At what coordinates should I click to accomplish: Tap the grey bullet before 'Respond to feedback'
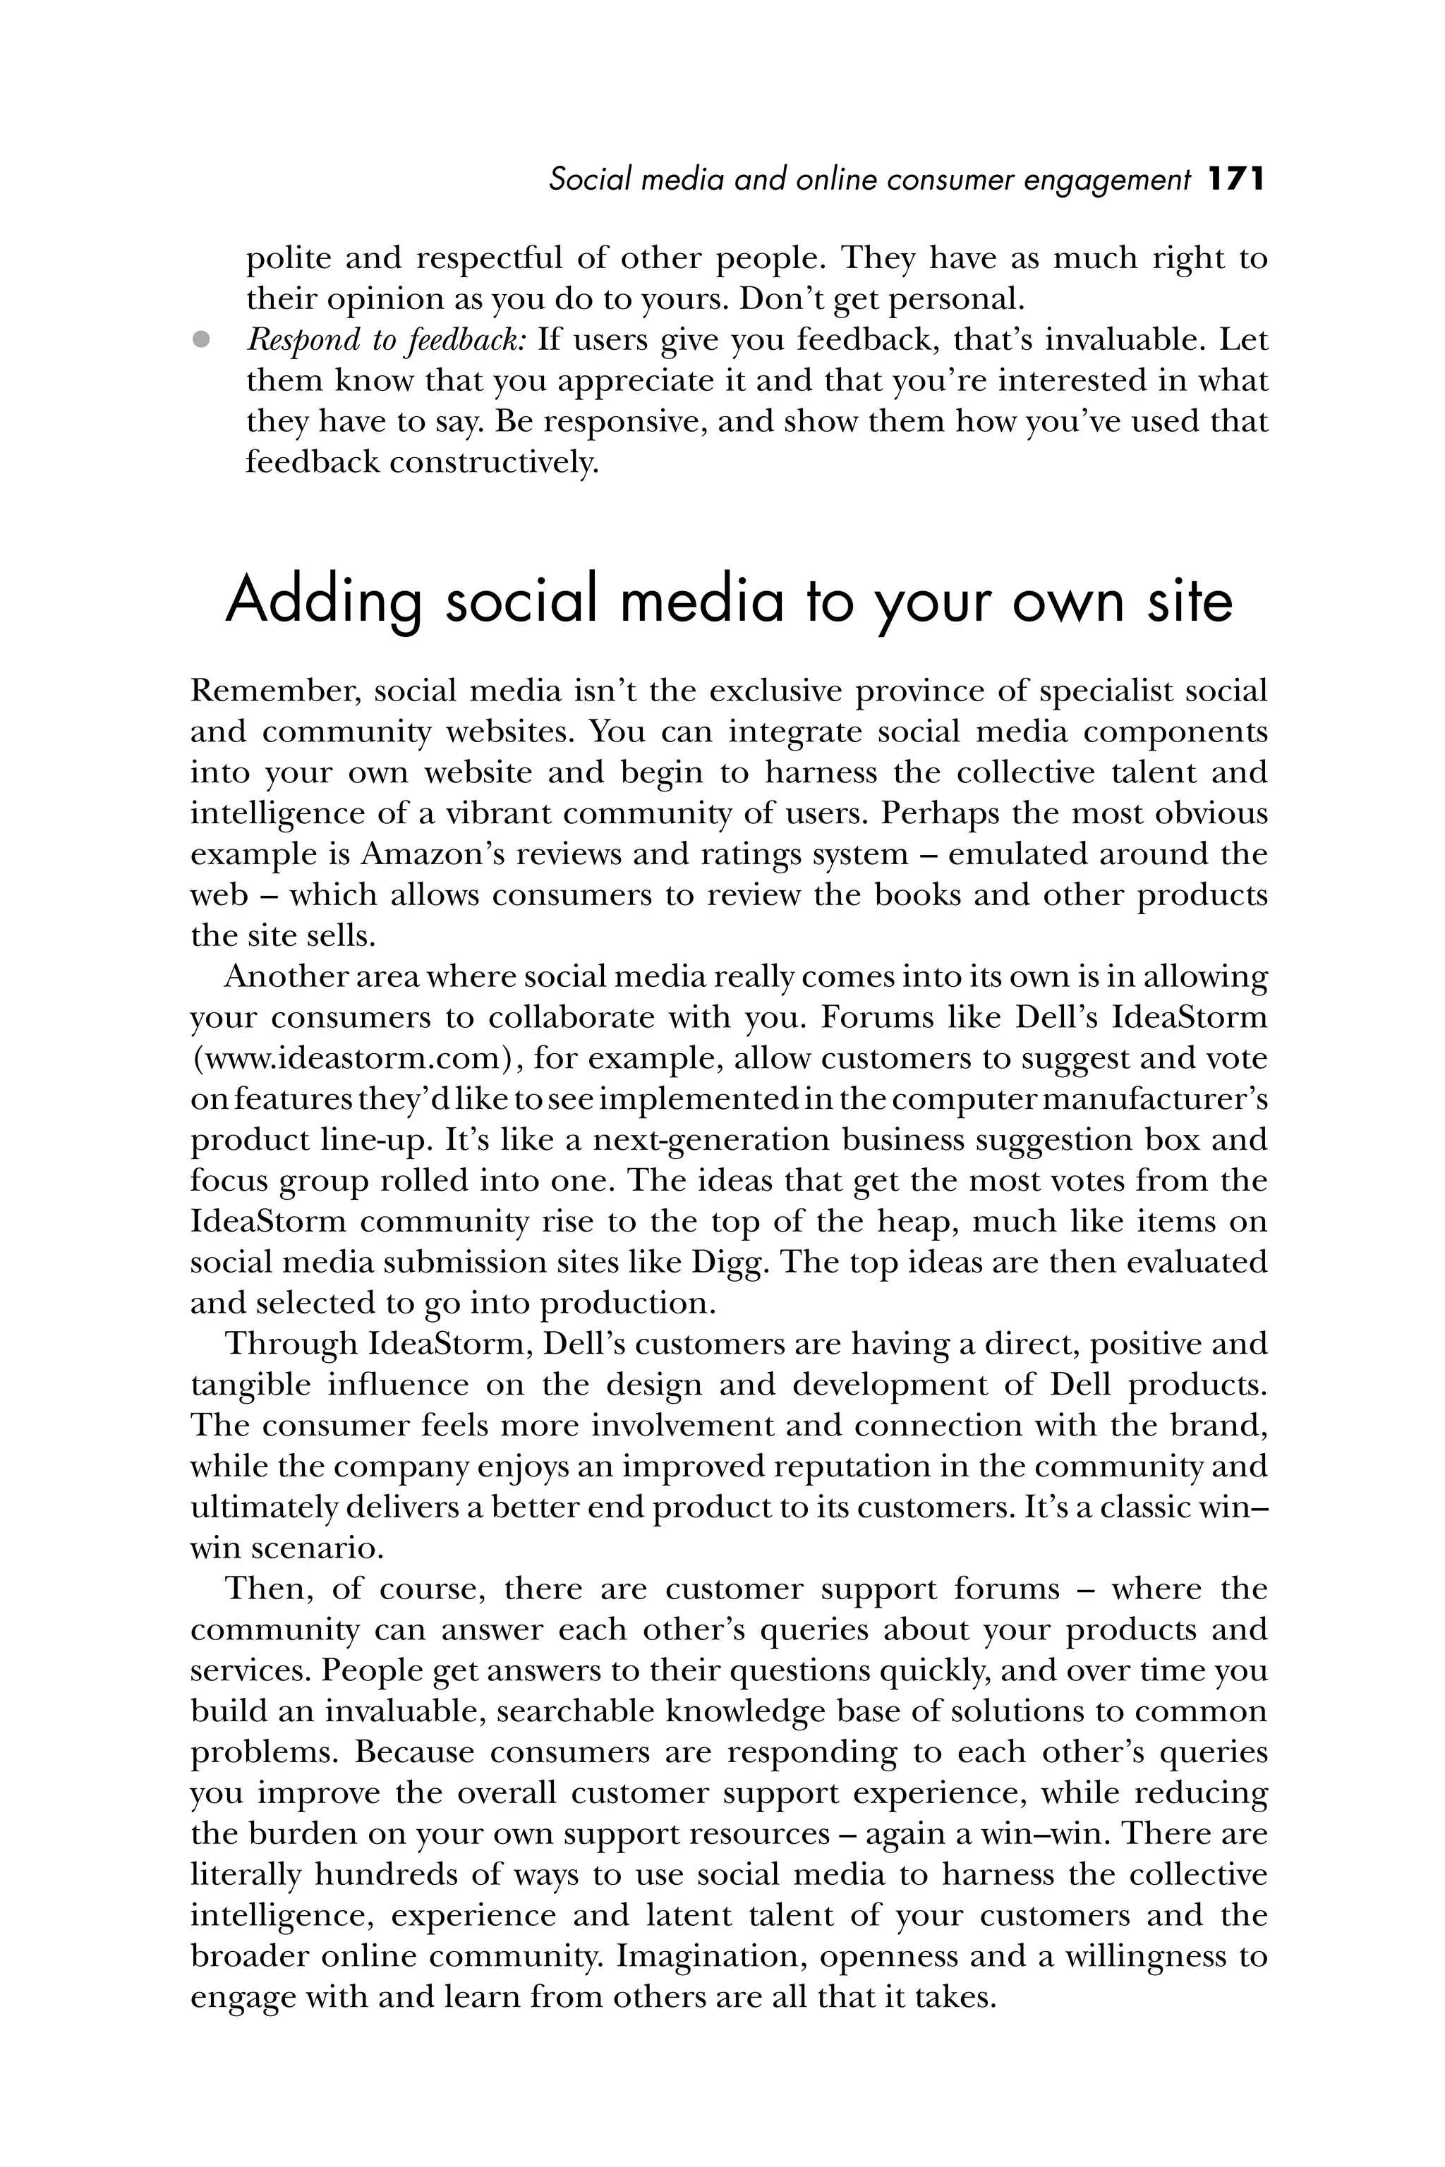coord(201,340)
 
